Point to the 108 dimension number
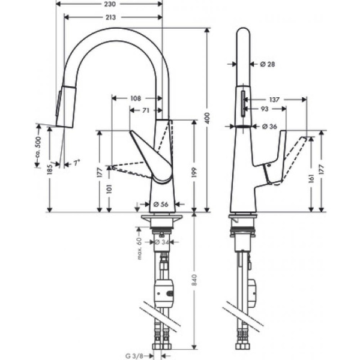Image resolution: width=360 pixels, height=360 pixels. click(x=135, y=98)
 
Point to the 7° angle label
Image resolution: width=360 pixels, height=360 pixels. click(x=76, y=163)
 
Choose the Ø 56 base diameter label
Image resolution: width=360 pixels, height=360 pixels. click(x=160, y=205)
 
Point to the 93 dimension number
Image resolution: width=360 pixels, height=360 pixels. click(x=264, y=109)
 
